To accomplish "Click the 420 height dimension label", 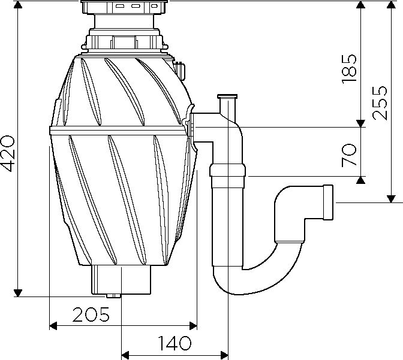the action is tap(8, 153).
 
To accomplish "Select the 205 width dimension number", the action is tap(91, 314).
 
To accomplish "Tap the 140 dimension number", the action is tap(175, 343).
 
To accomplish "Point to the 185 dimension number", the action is tap(349, 69).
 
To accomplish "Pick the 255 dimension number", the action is tap(380, 102).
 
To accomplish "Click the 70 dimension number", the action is tap(349, 155).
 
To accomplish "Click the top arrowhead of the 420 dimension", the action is tap(18, 4).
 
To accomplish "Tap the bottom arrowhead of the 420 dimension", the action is tap(18, 293).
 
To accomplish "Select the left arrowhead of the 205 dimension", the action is tap(53, 326).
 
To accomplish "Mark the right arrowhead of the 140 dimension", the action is tap(224, 356).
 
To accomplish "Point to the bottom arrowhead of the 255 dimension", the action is tap(391, 199).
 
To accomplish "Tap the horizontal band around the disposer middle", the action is tap(118, 131).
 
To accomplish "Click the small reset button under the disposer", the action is tap(113, 296).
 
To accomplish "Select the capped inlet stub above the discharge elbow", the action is tap(227, 105).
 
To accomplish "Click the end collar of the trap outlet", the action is tap(328, 202).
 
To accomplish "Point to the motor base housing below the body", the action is tap(121, 280).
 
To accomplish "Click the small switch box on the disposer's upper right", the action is tap(181, 69).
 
